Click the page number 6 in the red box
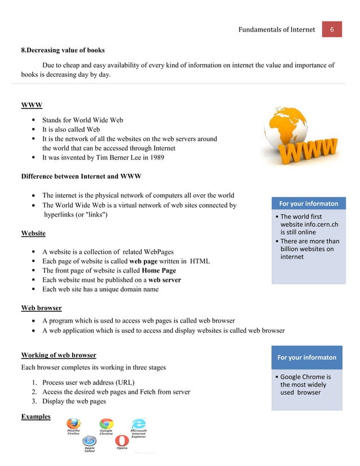[x=332, y=29]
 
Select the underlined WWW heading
[x=32, y=105]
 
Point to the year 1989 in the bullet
[x=155, y=157]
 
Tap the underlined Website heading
[x=33, y=232]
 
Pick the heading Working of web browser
[x=58, y=355]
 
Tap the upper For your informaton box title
[x=307, y=204]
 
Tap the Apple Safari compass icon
[x=89, y=441]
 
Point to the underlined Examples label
[x=36, y=416]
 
